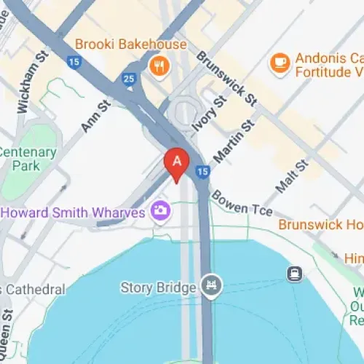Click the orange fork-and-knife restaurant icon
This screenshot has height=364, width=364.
pyautogui.click(x=157, y=67)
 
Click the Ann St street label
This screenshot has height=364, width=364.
pyautogui.click(x=95, y=116)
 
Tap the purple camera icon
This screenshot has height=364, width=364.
pyautogui.click(x=160, y=212)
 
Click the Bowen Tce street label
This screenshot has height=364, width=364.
pyautogui.click(x=242, y=205)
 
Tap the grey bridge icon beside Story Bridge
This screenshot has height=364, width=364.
pyautogui.click(x=212, y=285)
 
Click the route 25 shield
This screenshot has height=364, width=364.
pyautogui.click(x=130, y=79)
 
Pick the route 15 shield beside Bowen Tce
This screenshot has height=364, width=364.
pyautogui.click(x=203, y=172)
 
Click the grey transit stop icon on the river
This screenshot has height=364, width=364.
pyautogui.click(x=294, y=274)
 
